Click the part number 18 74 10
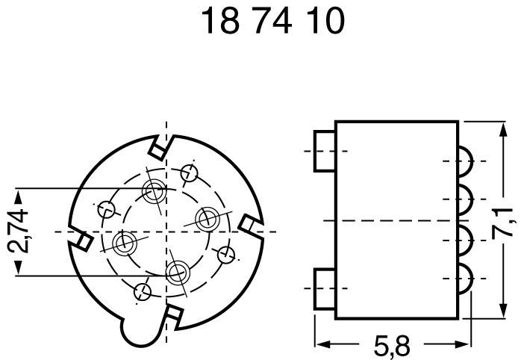pos(273,23)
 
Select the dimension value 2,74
pos(24,232)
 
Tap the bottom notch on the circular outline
pos(172,316)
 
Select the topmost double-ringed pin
pos(155,191)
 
